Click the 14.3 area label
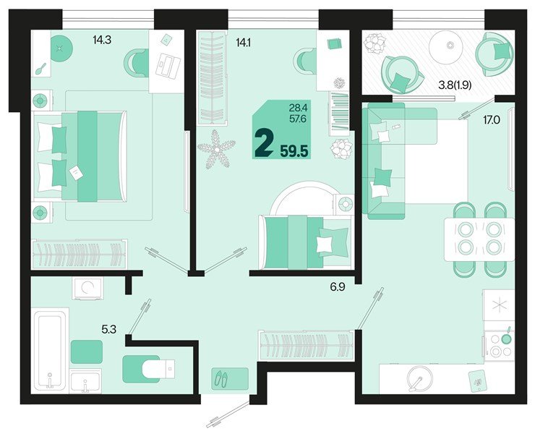pos(102,41)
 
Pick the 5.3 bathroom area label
pos(109,329)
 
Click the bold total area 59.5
pos(295,150)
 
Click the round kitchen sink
pos(417,378)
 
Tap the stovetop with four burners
pos(500,344)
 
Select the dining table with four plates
pos(479,239)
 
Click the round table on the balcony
pos(450,46)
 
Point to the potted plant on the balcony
pos(375,46)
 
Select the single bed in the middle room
pos(304,240)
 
